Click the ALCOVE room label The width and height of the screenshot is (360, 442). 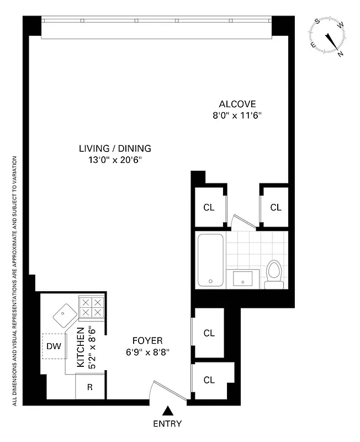coord(237,104)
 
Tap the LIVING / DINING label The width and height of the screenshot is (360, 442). coord(115,148)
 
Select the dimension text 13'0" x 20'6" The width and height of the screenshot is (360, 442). coord(115,160)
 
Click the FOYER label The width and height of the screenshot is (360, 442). coord(147,340)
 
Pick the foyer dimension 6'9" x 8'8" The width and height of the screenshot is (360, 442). coord(147,352)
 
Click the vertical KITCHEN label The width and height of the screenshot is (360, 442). coord(81,347)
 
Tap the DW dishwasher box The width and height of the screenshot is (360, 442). coord(54,346)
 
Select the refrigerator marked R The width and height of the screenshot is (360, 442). coord(89,387)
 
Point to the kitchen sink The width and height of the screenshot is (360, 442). coord(65,315)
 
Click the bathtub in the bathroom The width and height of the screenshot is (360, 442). coord(210,260)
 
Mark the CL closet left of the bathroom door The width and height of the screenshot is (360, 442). coord(209,208)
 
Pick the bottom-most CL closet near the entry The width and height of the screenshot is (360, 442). coord(209,380)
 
